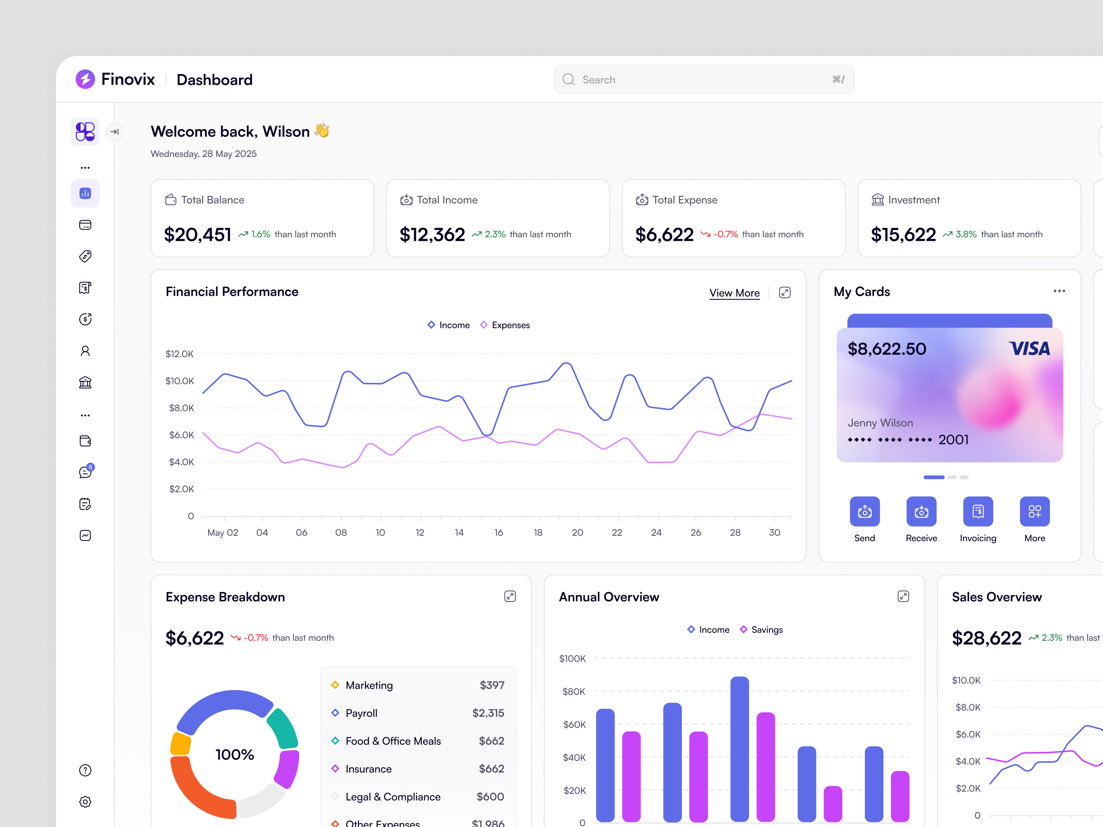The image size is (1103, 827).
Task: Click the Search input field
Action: [x=703, y=80]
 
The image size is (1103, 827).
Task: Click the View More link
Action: [x=734, y=293]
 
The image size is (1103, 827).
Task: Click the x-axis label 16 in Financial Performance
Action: [x=498, y=532]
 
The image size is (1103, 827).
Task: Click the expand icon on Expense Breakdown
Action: [x=509, y=597]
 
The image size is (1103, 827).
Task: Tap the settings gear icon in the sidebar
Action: [x=85, y=802]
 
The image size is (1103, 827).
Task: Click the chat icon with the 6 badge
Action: [x=85, y=472]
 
